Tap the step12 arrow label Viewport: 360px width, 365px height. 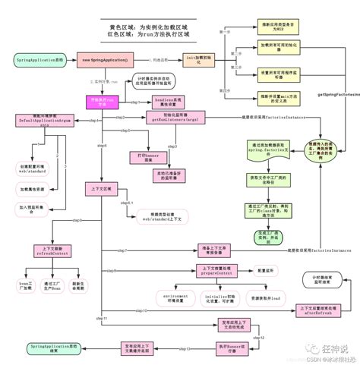pos(257,336)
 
